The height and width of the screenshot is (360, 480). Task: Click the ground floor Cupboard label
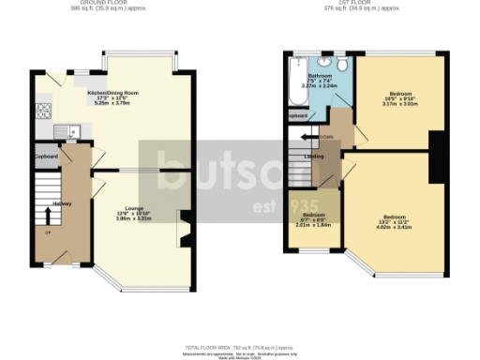pos(47,156)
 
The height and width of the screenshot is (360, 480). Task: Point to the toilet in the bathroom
pos(344,64)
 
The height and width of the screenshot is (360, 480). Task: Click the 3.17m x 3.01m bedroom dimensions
pos(393,107)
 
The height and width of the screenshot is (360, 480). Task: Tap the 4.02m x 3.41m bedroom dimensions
pos(393,226)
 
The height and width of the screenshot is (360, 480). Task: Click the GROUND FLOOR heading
pos(102,4)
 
